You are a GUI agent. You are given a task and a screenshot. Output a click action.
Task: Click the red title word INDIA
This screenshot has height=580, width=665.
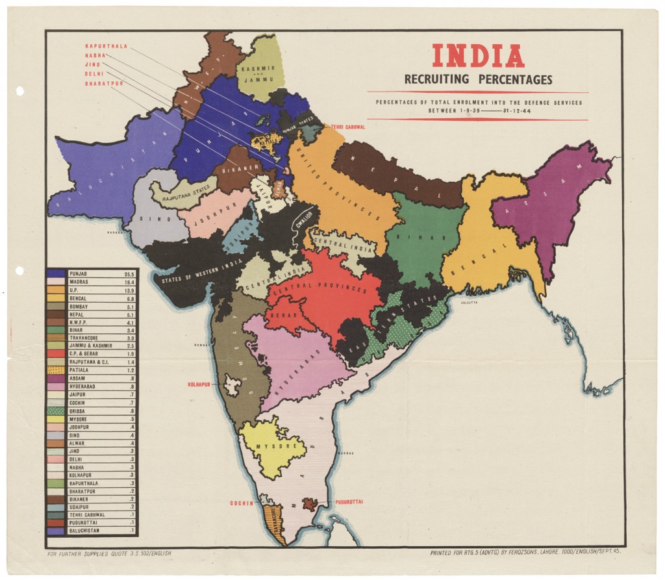(x=478, y=57)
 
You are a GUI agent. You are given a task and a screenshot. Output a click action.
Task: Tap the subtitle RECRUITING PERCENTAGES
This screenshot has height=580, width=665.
(x=478, y=80)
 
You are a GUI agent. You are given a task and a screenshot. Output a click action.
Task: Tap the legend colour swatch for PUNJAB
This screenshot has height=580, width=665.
(x=55, y=274)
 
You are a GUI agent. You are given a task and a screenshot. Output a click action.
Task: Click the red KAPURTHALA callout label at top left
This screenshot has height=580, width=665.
(x=106, y=46)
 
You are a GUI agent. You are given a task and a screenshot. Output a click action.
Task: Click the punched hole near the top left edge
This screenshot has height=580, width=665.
(x=19, y=90)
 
